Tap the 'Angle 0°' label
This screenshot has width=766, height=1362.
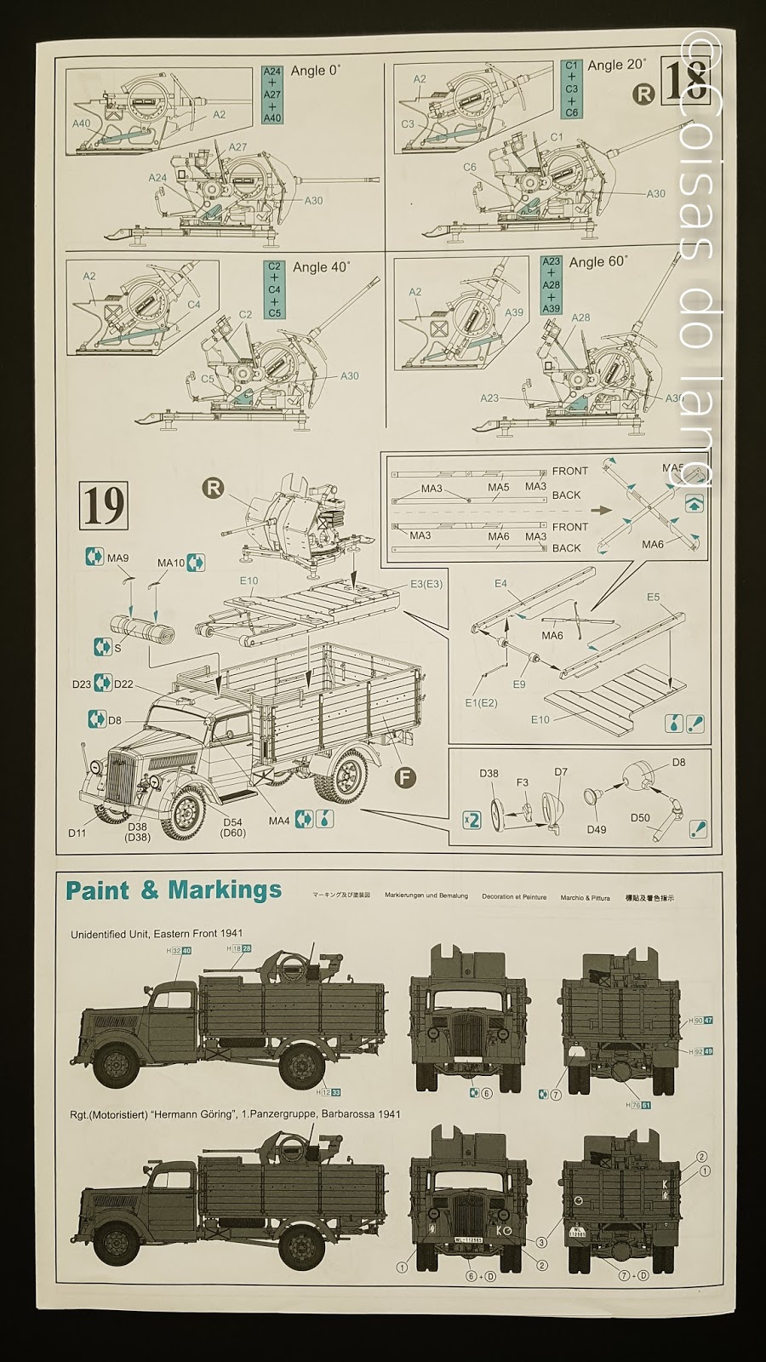click(x=315, y=71)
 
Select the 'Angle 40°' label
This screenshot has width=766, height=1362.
click(x=321, y=267)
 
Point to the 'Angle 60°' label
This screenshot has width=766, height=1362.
click(x=598, y=262)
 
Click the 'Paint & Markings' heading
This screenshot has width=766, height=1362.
click(x=174, y=890)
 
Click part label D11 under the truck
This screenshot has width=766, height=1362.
click(x=77, y=833)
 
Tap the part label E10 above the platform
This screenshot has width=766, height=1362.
click(x=249, y=581)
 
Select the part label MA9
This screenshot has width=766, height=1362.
click(x=118, y=558)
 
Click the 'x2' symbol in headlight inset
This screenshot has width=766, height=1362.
click(x=471, y=819)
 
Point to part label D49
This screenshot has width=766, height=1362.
click(x=597, y=828)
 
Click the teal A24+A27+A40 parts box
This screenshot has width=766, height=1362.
click(x=272, y=95)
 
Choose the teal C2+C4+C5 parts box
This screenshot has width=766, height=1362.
click(x=274, y=289)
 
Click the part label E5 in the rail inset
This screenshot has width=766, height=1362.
click(x=653, y=597)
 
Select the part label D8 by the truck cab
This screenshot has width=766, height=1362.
click(x=115, y=720)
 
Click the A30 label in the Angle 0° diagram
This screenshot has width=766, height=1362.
click(x=314, y=201)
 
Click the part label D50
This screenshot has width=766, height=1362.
click(x=640, y=817)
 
